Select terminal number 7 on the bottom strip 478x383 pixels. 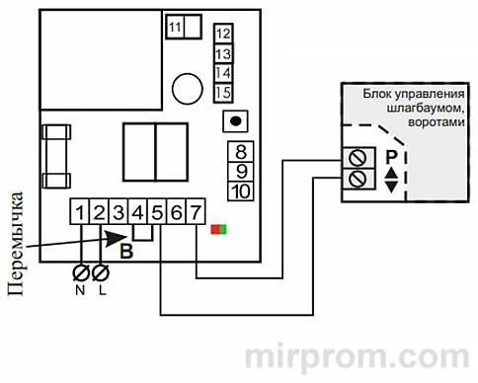(198, 211)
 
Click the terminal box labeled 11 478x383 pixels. (176, 28)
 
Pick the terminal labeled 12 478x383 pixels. (222, 34)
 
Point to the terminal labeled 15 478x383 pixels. (222, 92)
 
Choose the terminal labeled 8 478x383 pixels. (240, 152)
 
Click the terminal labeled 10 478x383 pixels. (240, 191)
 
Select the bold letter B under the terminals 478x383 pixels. (125, 250)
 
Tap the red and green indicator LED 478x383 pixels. (218, 229)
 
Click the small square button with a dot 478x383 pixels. (234, 121)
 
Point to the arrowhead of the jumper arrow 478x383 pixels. (126, 235)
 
